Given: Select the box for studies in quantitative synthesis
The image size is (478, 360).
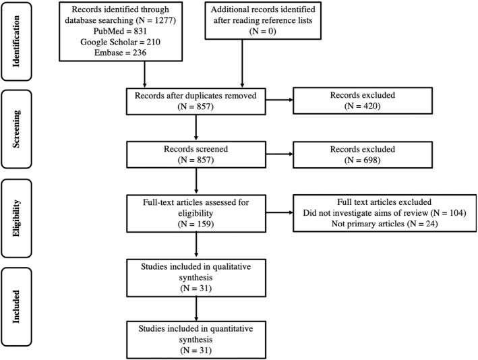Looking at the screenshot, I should point(195,336).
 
